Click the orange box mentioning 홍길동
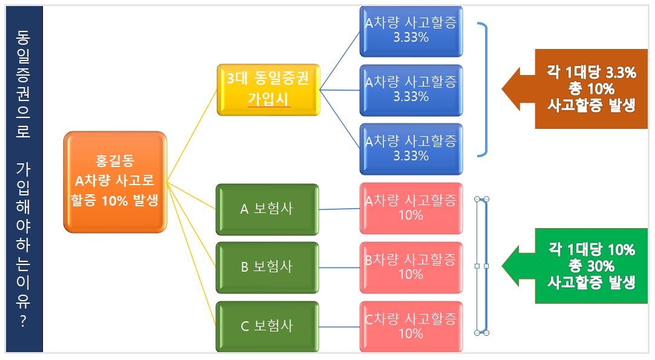click(x=115, y=182)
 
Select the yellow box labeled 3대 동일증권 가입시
click(x=269, y=90)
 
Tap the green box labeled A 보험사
click(x=267, y=209)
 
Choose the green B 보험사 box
click(x=267, y=267)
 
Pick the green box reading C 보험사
click(x=267, y=326)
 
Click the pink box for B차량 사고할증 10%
click(x=411, y=267)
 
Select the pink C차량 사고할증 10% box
click(x=411, y=326)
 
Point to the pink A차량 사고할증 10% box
click(x=411, y=208)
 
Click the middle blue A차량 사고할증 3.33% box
click(x=411, y=90)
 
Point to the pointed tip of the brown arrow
click(x=503, y=89)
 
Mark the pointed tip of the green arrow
click(x=504, y=266)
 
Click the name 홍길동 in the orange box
click(x=115, y=162)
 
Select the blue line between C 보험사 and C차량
click(x=339, y=327)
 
